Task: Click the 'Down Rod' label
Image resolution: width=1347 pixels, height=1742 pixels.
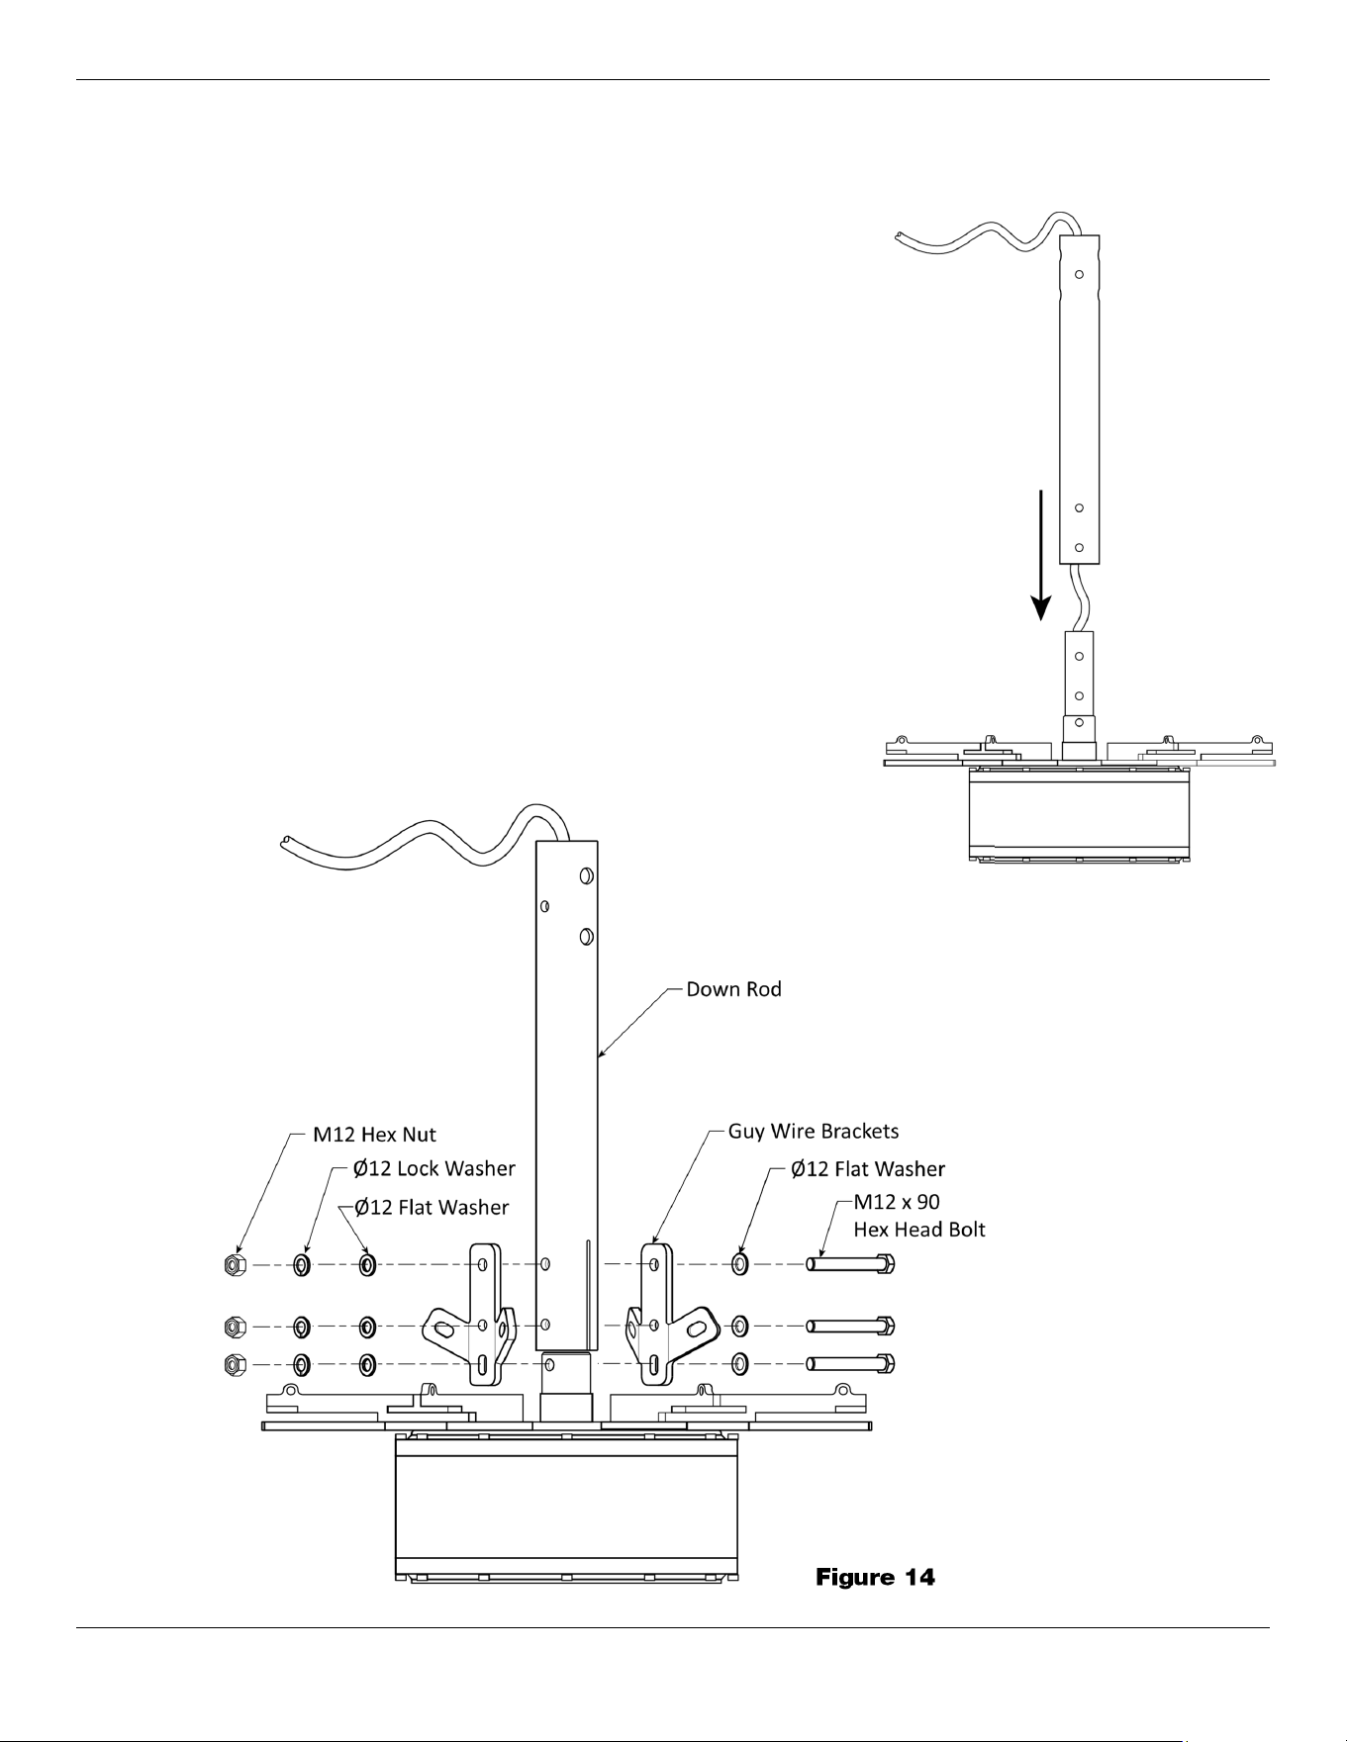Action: point(733,989)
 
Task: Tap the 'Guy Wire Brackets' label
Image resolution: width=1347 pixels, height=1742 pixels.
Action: point(814,1131)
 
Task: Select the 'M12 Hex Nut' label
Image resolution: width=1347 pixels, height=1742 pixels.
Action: point(374,1135)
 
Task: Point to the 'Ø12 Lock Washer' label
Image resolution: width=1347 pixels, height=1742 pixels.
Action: point(434,1168)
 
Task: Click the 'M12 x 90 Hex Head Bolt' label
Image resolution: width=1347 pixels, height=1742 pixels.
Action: point(919,1216)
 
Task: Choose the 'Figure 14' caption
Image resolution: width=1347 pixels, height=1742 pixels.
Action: point(875,1577)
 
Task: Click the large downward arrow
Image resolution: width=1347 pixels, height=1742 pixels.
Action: point(1040,555)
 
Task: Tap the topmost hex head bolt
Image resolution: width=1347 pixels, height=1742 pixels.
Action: point(851,1264)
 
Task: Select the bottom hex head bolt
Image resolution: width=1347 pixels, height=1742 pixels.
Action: point(851,1363)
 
